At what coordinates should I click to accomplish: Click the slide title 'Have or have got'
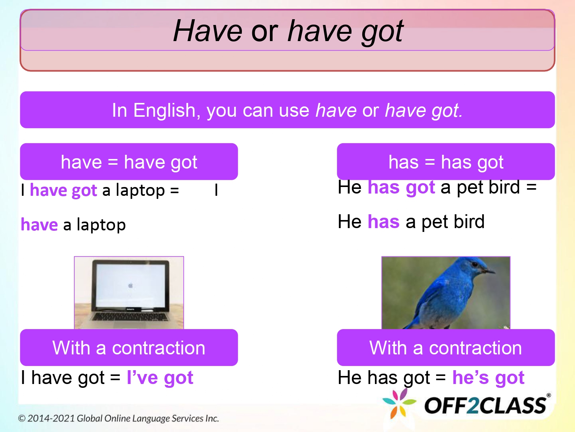[x=287, y=31]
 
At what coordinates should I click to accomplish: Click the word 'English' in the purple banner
[x=164, y=111]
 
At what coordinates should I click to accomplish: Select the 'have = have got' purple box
[x=129, y=162]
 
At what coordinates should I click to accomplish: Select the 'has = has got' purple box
[x=445, y=162]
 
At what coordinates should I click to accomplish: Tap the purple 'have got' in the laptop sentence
[x=63, y=190]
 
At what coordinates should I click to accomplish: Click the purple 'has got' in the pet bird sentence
[x=401, y=187]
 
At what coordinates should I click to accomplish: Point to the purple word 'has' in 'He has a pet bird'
[x=383, y=222]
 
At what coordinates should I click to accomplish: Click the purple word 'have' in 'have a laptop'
[x=39, y=225]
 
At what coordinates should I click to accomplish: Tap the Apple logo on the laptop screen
[x=130, y=285]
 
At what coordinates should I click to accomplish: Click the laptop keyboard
[x=129, y=317]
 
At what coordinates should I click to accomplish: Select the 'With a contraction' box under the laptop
[x=129, y=348]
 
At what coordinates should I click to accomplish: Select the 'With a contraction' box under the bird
[x=445, y=348]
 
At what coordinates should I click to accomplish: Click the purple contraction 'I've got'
[x=160, y=378]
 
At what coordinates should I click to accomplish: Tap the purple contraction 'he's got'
[x=488, y=378]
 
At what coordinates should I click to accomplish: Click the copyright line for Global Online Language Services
[x=118, y=418]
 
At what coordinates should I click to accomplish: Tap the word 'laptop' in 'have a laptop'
[x=101, y=225]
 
